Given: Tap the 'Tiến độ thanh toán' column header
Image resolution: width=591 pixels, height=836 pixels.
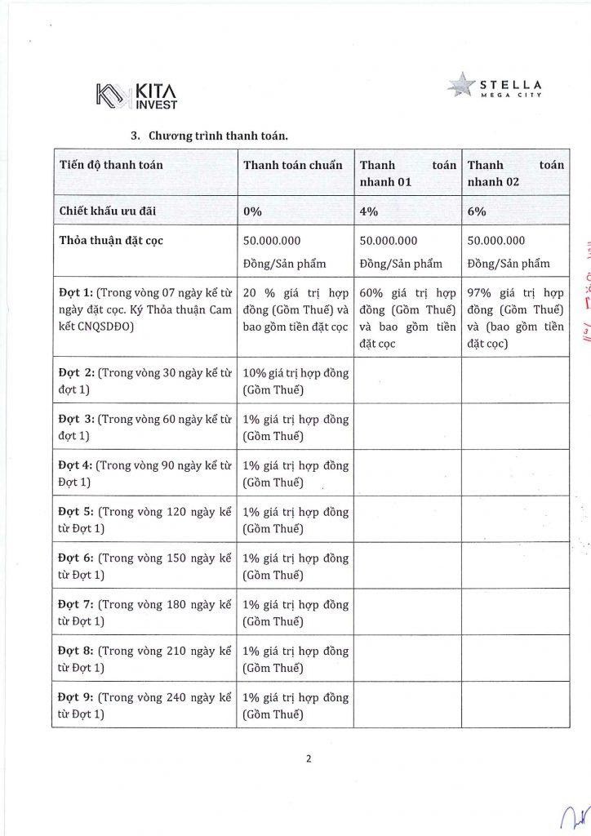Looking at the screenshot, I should (x=112, y=165).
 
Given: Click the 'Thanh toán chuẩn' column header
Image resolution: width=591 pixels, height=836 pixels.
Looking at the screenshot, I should (x=293, y=165).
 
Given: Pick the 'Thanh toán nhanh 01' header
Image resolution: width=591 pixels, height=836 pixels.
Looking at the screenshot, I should (x=408, y=173).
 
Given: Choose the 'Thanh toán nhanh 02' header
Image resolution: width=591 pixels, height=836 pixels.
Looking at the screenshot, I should (x=516, y=173).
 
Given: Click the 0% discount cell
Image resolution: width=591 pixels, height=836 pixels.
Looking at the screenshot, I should (x=253, y=211).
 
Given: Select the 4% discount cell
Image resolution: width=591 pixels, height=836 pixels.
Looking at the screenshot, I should (x=368, y=211).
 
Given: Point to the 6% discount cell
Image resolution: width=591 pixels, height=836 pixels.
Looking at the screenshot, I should (x=477, y=211).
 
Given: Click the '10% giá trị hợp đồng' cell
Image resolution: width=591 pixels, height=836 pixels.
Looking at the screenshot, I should (x=296, y=380).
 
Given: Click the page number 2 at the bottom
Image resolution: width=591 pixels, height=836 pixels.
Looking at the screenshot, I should (x=309, y=758).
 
